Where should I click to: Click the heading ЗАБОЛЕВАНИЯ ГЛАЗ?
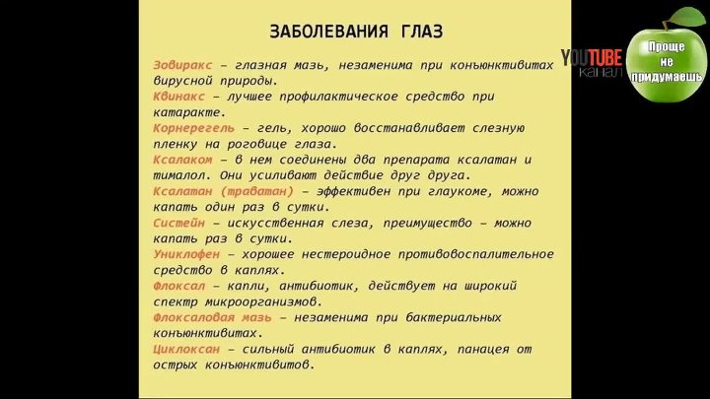click(x=356, y=32)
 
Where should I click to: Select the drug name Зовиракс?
click(x=182, y=65)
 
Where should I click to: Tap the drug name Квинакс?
click(x=178, y=97)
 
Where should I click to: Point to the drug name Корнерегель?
click(x=194, y=128)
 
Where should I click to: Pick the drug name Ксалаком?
click(x=182, y=160)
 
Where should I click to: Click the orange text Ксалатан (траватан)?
click(x=223, y=191)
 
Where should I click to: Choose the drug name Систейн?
click(x=178, y=223)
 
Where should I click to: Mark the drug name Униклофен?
click(x=186, y=254)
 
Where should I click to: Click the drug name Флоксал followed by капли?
click(x=178, y=286)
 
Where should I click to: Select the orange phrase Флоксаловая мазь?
click(x=212, y=317)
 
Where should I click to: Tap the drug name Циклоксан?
click(x=186, y=349)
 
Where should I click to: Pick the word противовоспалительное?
click(x=476, y=255)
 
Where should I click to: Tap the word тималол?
click(x=178, y=175)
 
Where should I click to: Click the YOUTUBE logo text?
click(x=592, y=57)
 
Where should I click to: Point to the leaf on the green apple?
click(x=687, y=17)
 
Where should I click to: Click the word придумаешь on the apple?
click(x=667, y=77)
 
